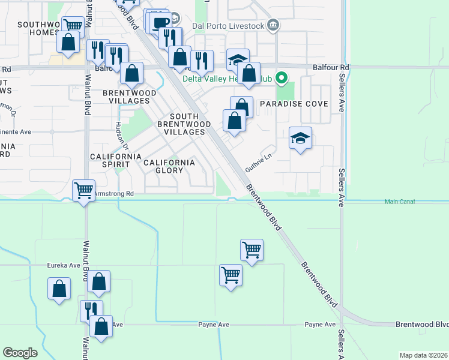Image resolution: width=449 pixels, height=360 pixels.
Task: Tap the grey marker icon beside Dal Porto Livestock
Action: [x=274, y=25]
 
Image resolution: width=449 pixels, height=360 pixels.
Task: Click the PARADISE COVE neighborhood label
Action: [x=294, y=104]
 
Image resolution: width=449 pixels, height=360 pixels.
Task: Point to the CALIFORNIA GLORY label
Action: [x=169, y=166]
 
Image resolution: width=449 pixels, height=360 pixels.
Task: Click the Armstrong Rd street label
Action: [x=114, y=194]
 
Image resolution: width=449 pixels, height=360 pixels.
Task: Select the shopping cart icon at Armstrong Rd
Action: [x=83, y=190]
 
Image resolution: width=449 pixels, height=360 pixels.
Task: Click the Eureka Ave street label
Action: [x=64, y=265]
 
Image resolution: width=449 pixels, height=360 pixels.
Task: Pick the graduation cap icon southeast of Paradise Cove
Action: [x=300, y=139]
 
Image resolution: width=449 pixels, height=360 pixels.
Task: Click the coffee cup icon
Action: [x=160, y=23]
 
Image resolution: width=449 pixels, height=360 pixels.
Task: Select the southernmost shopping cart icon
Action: [x=231, y=275]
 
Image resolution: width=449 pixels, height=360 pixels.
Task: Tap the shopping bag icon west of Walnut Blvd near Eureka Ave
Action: [x=59, y=289]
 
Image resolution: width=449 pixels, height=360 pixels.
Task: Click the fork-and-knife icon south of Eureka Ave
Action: [x=91, y=310]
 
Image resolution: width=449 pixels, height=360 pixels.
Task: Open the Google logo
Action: [x=20, y=353]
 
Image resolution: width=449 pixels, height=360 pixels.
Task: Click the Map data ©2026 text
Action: [x=423, y=355]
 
